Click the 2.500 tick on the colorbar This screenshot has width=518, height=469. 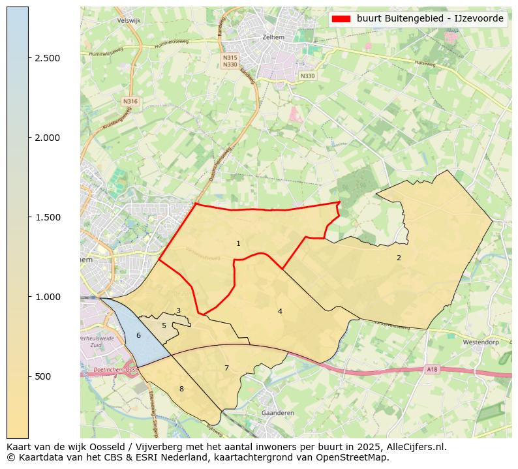click(x=48, y=58)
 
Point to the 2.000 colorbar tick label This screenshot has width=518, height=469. click(x=48, y=138)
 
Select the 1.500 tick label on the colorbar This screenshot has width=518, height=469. click(x=48, y=217)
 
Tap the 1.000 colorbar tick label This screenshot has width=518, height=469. click(x=48, y=297)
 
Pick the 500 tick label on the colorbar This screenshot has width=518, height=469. click(x=43, y=376)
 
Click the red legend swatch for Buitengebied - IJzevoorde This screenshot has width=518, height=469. click(x=341, y=19)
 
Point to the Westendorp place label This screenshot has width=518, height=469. click(x=480, y=342)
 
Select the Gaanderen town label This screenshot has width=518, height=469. click(x=277, y=413)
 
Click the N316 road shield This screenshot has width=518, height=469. click(x=130, y=102)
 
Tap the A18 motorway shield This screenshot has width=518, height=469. click(x=433, y=369)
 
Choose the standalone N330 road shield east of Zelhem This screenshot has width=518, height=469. click(x=307, y=76)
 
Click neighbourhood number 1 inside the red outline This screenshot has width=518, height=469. click(x=238, y=244)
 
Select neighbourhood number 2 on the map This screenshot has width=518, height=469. click(x=399, y=258)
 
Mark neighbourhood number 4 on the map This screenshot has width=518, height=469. click(x=280, y=311)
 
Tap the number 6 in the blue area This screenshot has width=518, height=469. click(x=138, y=335)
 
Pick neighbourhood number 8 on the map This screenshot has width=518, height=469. click(x=181, y=389)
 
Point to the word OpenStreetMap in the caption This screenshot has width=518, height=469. click(x=358, y=457)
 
